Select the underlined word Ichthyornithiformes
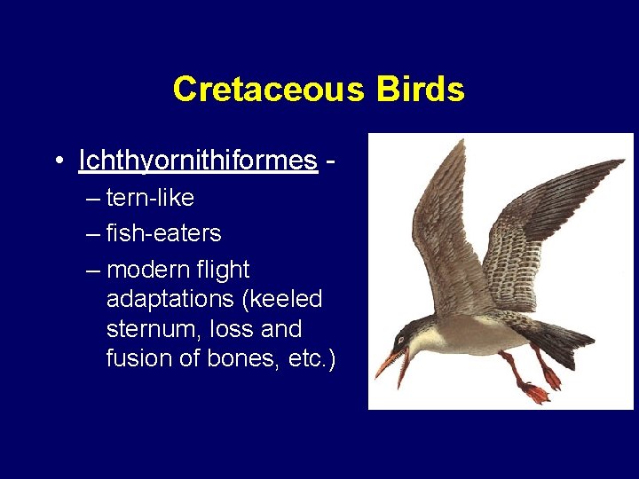click(198, 161)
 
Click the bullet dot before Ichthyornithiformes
click(58, 161)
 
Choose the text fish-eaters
click(163, 234)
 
